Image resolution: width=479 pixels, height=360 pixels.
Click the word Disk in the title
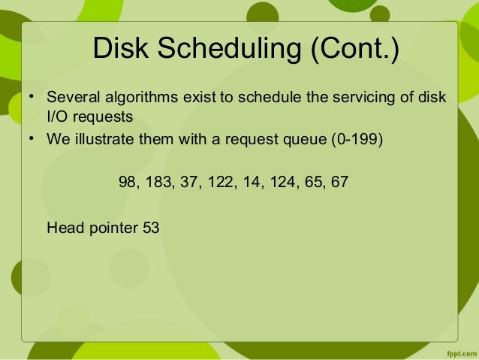[119, 50]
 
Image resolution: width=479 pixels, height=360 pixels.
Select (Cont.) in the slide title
[351, 50]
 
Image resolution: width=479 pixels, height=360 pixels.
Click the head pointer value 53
[151, 226]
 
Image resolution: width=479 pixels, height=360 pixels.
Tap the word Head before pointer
[63, 226]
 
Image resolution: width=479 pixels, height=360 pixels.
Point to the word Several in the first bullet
[70, 99]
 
